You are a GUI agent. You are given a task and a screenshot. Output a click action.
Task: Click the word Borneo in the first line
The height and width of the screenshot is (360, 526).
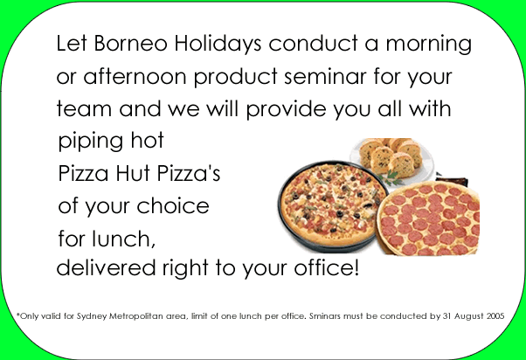tap(130, 44)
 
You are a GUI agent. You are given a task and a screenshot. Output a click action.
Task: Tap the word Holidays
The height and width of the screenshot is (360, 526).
tap(218, 44)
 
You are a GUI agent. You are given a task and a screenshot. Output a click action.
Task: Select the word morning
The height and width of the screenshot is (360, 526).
tap(429, 45)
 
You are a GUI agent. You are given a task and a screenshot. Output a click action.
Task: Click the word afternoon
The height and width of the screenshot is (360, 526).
tap(135, 76)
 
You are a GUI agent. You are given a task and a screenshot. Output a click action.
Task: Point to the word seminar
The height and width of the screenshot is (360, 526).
tap(325, 76)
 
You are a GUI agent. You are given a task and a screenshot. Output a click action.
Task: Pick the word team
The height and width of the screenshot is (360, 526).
tap(84, 109)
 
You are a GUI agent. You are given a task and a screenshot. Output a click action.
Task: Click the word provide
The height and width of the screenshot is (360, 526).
tap(286, 109)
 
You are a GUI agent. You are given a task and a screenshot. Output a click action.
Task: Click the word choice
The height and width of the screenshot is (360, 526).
tap(173, 205)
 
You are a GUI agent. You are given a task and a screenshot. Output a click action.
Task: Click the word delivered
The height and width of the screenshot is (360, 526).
tap(106, 267)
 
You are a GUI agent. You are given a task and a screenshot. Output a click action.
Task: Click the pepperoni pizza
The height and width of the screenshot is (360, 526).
tap(429, 218)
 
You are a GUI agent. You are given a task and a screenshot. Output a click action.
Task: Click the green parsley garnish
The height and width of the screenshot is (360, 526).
tap(391, 178)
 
